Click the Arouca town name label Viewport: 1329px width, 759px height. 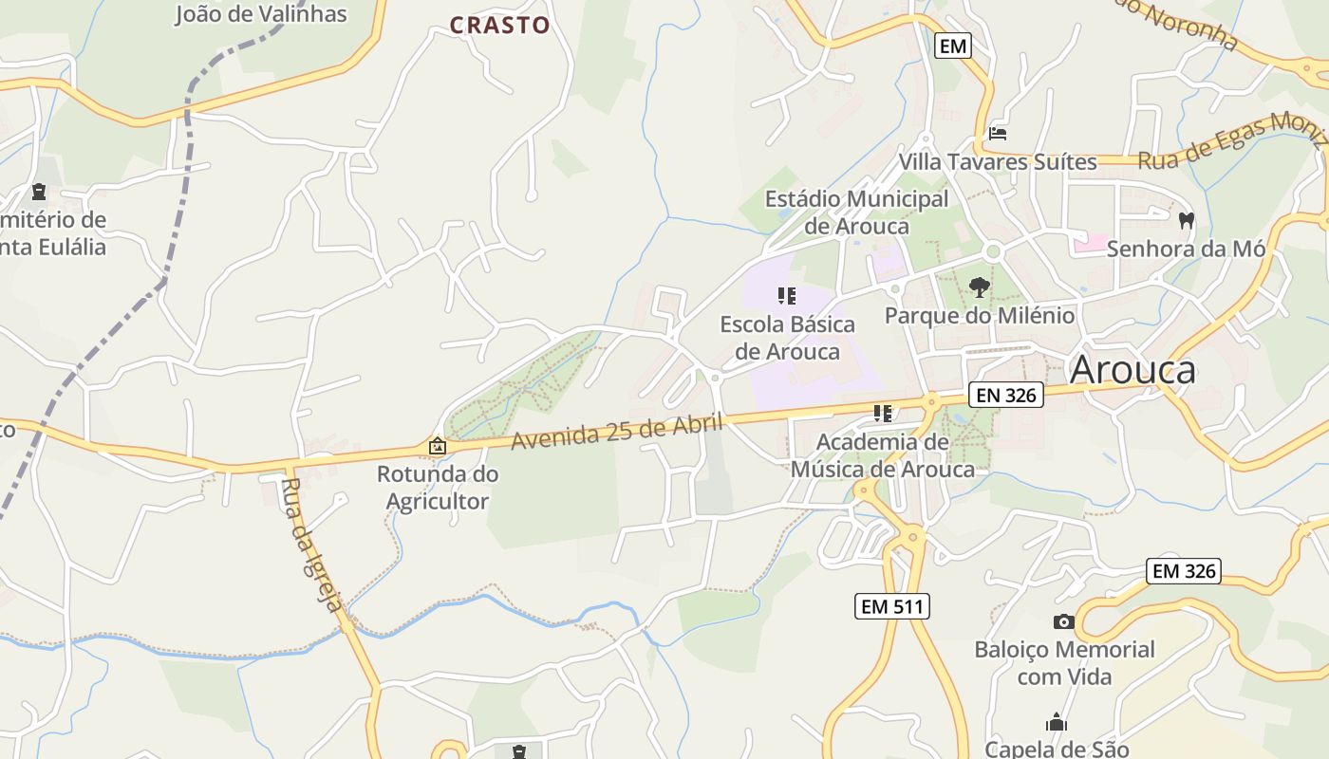pos(1132,370)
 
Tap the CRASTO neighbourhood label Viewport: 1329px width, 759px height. pos(499,26)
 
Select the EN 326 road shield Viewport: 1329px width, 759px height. pos(1006,395)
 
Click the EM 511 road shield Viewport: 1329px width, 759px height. pos(891,606)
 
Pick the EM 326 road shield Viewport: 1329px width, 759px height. pos(1183,571)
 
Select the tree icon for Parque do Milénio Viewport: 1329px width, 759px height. pos(980,286)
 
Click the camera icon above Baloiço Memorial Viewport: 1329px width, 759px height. pos(1064,621)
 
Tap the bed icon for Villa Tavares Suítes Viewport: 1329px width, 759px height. pos(998,133)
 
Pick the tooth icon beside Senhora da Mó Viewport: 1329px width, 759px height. pos(1185,221)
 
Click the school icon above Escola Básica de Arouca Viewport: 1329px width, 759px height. pos(786,296)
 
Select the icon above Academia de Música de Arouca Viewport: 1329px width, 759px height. pos(883,413)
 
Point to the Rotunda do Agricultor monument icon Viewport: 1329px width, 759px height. pos(437,445)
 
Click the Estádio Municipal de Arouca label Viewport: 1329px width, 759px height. pos(856,213)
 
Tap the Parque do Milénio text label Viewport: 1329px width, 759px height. pos(980,315)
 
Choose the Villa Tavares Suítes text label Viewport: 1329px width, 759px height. pos(998,161)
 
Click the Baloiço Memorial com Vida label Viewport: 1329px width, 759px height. pos(1064,663)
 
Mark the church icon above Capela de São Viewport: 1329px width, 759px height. pos(1057,722)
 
